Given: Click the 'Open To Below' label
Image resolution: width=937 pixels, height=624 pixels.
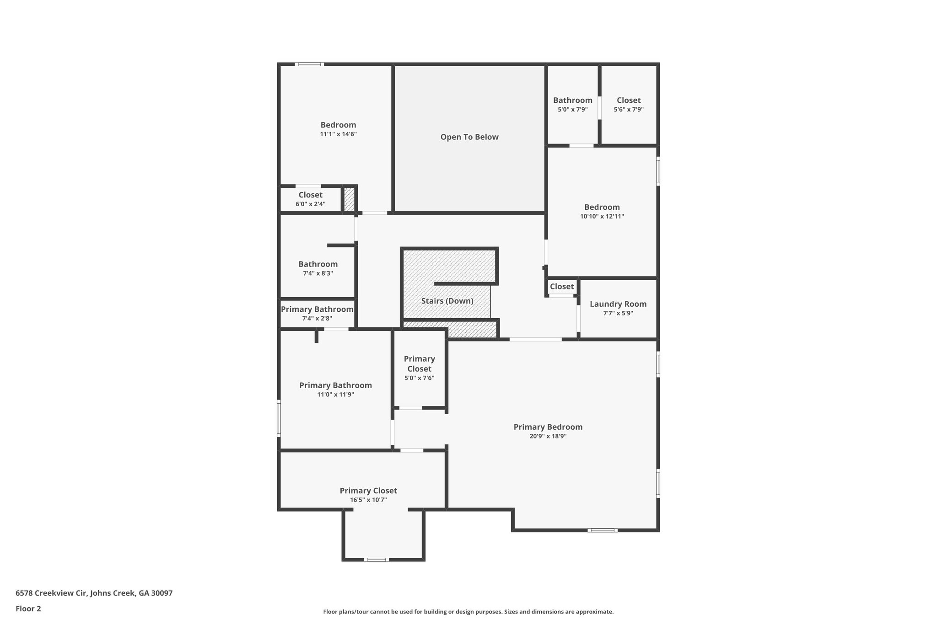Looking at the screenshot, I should [x=469, y=137].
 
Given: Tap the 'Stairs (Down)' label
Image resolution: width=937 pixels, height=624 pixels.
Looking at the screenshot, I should [x=447, y=301].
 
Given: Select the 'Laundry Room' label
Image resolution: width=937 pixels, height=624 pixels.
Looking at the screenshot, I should [x=618, y=304].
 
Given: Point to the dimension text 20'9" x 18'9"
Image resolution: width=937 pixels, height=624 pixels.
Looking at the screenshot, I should [x=548, y=436].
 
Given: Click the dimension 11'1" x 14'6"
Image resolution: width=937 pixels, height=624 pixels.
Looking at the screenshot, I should [x=338, y=134].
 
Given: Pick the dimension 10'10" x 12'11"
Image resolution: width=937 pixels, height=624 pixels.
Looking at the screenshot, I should [x=602, y=217].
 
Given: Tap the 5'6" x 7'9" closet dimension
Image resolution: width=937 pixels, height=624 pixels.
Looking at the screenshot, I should [x=629, y=110].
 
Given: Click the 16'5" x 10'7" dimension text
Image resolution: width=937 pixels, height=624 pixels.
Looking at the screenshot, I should [x=368, y=500].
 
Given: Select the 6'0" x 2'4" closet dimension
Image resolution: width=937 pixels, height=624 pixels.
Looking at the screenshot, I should [x=310, y=204].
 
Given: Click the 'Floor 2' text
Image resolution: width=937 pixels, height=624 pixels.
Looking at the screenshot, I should [x=28, y=608].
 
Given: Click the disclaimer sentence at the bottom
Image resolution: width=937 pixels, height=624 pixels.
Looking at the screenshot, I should [x=468, y=612].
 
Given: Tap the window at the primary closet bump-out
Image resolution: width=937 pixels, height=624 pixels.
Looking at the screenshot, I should [x=377, y=560].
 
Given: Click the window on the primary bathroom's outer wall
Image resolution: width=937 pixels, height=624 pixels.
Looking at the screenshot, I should [x=279, y=418].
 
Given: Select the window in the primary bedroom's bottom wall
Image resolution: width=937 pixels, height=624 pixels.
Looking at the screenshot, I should [x=602, y=530].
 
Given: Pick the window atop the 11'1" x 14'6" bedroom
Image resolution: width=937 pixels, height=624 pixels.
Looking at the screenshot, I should [x=309, y=64].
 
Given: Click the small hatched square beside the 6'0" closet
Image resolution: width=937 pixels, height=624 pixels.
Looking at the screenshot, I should [x=349, y=200].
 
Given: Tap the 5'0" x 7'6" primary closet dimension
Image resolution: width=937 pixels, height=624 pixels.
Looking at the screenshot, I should [x=419, y=379].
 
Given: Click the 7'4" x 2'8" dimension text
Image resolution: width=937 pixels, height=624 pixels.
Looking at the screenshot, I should [x=317, y=319].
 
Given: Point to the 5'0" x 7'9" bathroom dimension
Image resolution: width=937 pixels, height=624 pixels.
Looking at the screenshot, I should [x=572, y=110].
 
